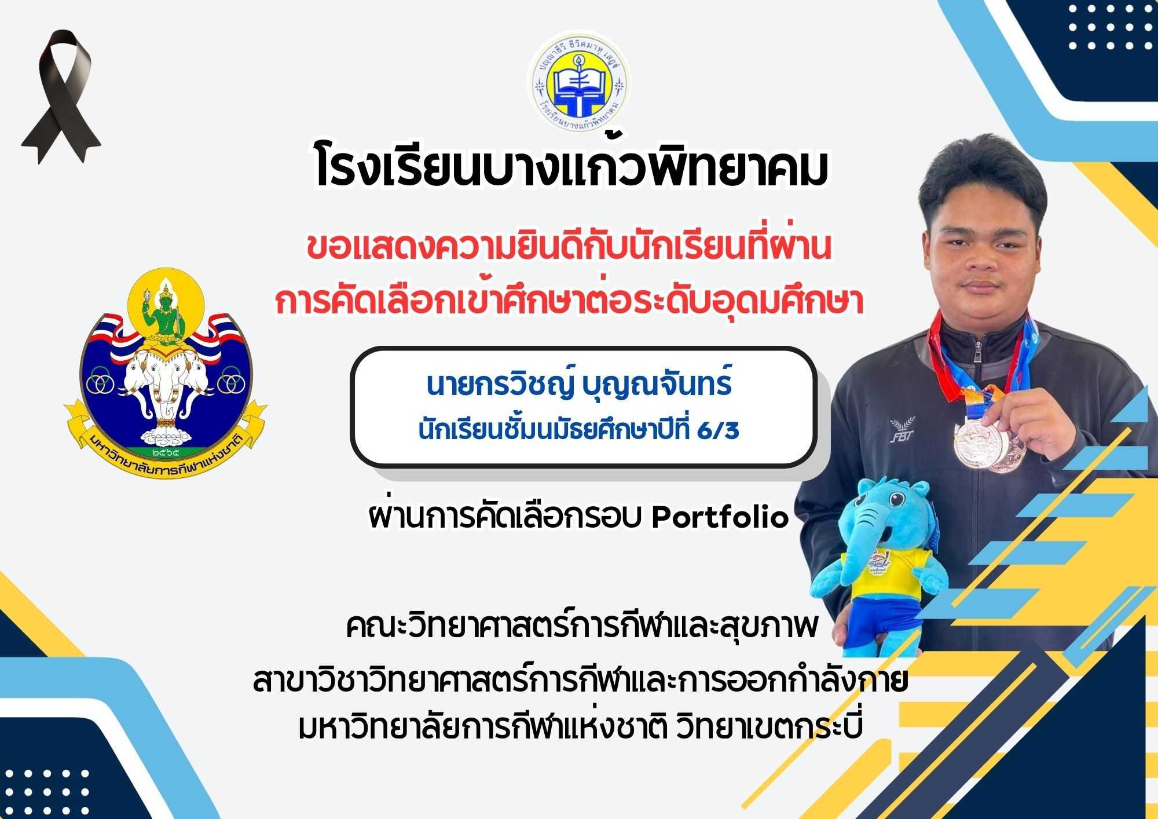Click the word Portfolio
coord(720,517)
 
